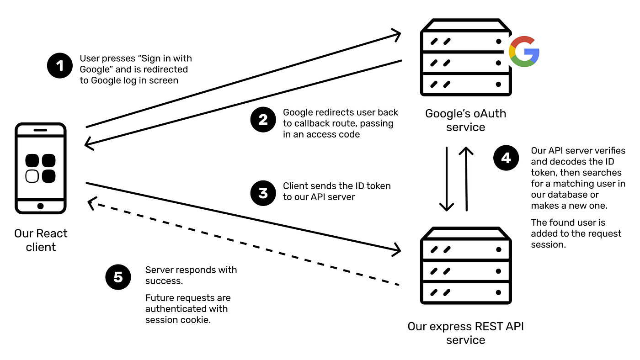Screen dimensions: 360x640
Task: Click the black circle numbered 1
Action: pyautogui.click(x=60, y=66)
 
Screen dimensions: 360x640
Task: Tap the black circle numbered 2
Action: pyautogui.click(x=263, y=120)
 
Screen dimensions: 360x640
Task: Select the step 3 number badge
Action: pyautogui.click(x=263, y=192)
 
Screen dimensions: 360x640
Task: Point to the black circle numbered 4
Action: pyautogui.click(x=507, y=159)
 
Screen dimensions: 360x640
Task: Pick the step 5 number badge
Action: pyautogui.click(x=118, y=277)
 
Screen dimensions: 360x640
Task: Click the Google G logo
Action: pyautogui.click(x=524, y=52)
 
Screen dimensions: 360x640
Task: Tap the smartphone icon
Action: pyautogui.click(x=41, y=168)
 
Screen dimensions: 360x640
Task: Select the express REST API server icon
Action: pyautogui.click(x=465, y=266)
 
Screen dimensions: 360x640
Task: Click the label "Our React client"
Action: pyautogui.click(x=41, y=240)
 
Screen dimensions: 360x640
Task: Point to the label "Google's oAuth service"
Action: pyautogui.click(x=465, y=120)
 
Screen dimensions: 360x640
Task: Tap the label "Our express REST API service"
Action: pyautogui.click(x=465, y=333)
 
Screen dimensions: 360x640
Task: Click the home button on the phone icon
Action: pyautogui.click(x=41, y=206)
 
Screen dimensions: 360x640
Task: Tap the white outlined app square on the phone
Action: pyautogui.click(x=32, y=176)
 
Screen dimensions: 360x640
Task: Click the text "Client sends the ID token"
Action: pyautogui.click(x=337, y=186)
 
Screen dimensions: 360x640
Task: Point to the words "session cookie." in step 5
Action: pyautogui.click(x=178, y=320)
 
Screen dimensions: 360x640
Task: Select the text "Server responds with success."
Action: pyautogui.click(x=191, y=275)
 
